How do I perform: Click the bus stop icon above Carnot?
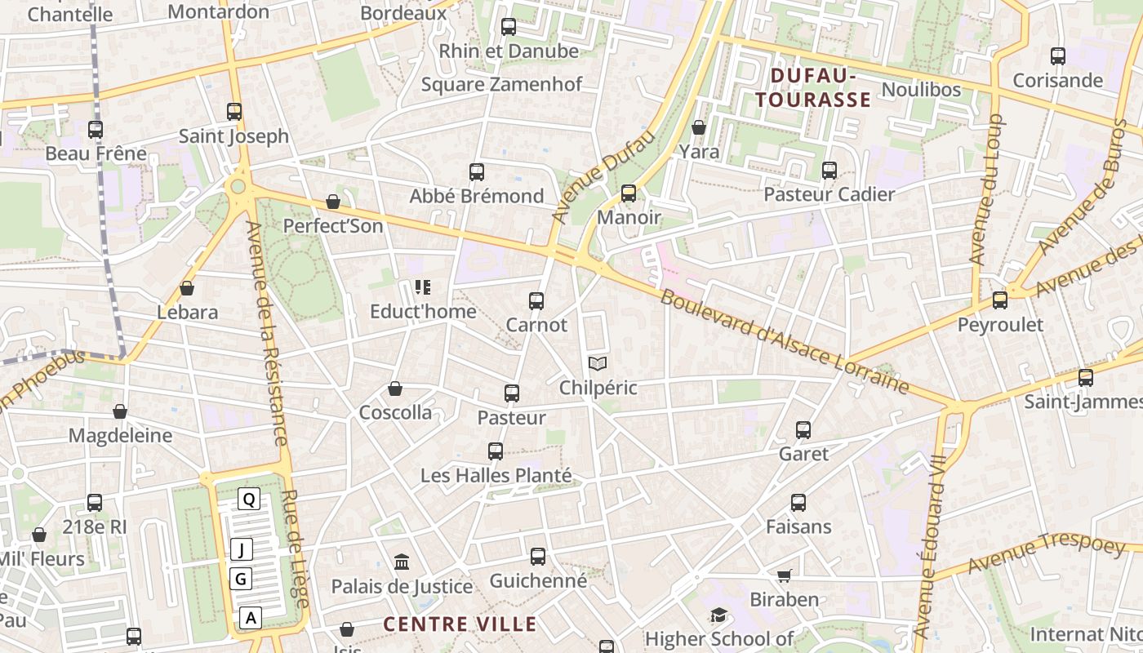pos(536,300)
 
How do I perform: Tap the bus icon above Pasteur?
pos(512,393)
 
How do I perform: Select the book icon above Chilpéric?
pos(598,363)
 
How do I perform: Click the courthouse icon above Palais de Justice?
pos(402,562)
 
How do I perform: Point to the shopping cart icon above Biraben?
pos(785,575)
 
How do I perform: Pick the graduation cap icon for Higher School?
pos(718,615)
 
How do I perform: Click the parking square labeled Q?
pos(249,499)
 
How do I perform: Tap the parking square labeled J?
pos(241,549)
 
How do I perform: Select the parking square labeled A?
pos(251,618)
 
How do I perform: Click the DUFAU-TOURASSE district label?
pos(813,88)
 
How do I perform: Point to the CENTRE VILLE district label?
pos(460,624)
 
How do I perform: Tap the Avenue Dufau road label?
pos(603,176)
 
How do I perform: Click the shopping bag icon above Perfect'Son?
pos(333,202)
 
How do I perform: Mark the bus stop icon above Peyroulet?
pos(1000,300)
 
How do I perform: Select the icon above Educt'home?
pos(422,287)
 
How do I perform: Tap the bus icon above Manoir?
pos(629,193)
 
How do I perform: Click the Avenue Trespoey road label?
pos(1034,554)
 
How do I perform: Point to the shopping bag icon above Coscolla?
pos(395,389)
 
